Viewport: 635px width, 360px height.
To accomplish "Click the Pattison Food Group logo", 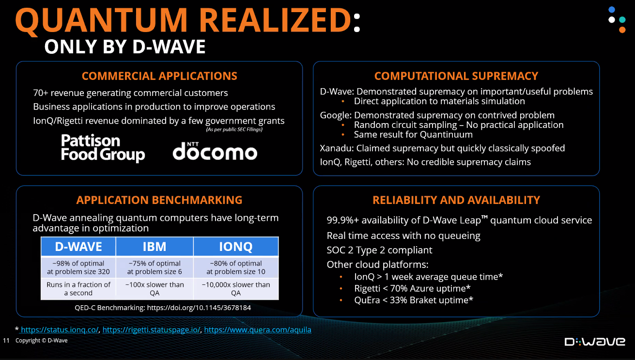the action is (x=103, y=148).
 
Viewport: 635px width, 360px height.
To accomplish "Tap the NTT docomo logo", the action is (x=215, y=151).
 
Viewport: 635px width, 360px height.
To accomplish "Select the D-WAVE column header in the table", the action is (x=78, y=246).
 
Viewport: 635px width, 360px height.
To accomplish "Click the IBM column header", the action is (x=155, y=246).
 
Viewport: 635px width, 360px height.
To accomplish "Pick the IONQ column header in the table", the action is (x=236, y=246).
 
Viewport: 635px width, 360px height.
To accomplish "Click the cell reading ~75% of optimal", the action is (x=155, y=267).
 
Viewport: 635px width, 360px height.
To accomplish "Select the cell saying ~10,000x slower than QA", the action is (x=236, y=289).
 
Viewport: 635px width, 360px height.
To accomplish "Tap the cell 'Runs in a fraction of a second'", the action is (x=78, y=289).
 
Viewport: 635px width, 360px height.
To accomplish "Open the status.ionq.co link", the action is (x=60, y=329).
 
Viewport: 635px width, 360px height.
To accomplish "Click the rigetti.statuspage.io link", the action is (x=151, y=329).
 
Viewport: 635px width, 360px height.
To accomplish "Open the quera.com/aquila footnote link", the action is (x=258, y=329).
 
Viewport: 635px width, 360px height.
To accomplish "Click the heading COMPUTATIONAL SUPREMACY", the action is (x=456, y=76).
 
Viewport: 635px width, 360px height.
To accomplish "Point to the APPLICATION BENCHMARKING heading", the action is (x=159, y=200).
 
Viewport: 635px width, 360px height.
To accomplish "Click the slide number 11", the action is (x=6, y=341).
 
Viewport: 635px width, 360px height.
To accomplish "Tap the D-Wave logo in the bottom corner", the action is (x=595, y=341).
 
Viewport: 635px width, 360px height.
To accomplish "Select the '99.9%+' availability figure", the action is (x=342, y=220).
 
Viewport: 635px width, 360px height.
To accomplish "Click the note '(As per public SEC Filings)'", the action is (x=234, y=129).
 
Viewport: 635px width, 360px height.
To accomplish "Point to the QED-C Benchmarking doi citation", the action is (x=163, y=308).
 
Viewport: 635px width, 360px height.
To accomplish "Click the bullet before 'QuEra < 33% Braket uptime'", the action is (x=341, y=300).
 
